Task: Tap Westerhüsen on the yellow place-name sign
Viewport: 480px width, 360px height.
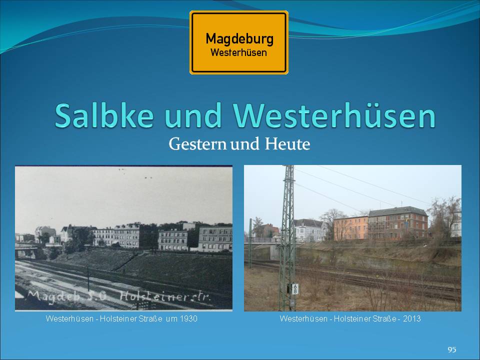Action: [x=239, y=52]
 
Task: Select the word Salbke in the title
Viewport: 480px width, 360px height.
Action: [x=104, y=115]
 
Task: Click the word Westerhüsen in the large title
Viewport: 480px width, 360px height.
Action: [x=334, y=115]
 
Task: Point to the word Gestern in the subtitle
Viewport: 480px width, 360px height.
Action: [x=197, y=144]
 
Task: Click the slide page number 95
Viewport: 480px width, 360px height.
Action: [x=452, y=349]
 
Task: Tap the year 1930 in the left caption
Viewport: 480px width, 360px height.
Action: [x=188, y=318]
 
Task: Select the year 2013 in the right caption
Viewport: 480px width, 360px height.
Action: [x=411, y=318]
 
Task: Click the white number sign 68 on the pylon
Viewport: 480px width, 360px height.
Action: [x=295, y=288]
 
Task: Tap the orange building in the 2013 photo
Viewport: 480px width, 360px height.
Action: [x=351, y=228]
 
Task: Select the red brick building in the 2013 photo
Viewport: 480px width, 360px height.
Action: [x=398, y=223]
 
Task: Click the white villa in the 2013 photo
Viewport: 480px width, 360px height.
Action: [x=308, y=230]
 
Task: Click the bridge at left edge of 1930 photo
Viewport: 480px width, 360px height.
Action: [x=27, y=251]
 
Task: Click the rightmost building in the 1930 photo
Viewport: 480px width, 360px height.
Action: [x=215, y=239]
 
